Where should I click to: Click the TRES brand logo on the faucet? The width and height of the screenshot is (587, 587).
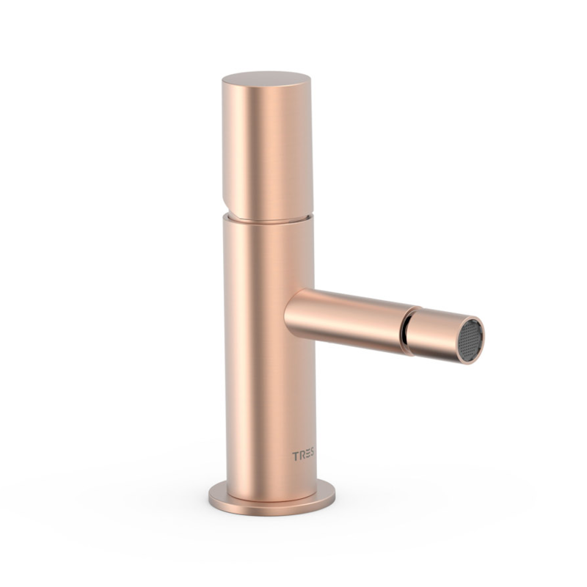[303, 455]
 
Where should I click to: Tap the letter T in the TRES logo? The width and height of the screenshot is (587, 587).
[295, 456]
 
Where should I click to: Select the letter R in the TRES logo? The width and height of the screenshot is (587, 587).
[301, 455]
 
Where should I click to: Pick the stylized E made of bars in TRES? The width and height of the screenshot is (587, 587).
[307, 454]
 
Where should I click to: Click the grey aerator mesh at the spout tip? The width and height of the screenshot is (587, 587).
[470, 340]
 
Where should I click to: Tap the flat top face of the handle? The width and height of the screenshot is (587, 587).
[266, 79]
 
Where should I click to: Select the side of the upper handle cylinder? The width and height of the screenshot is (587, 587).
[268, 150]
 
